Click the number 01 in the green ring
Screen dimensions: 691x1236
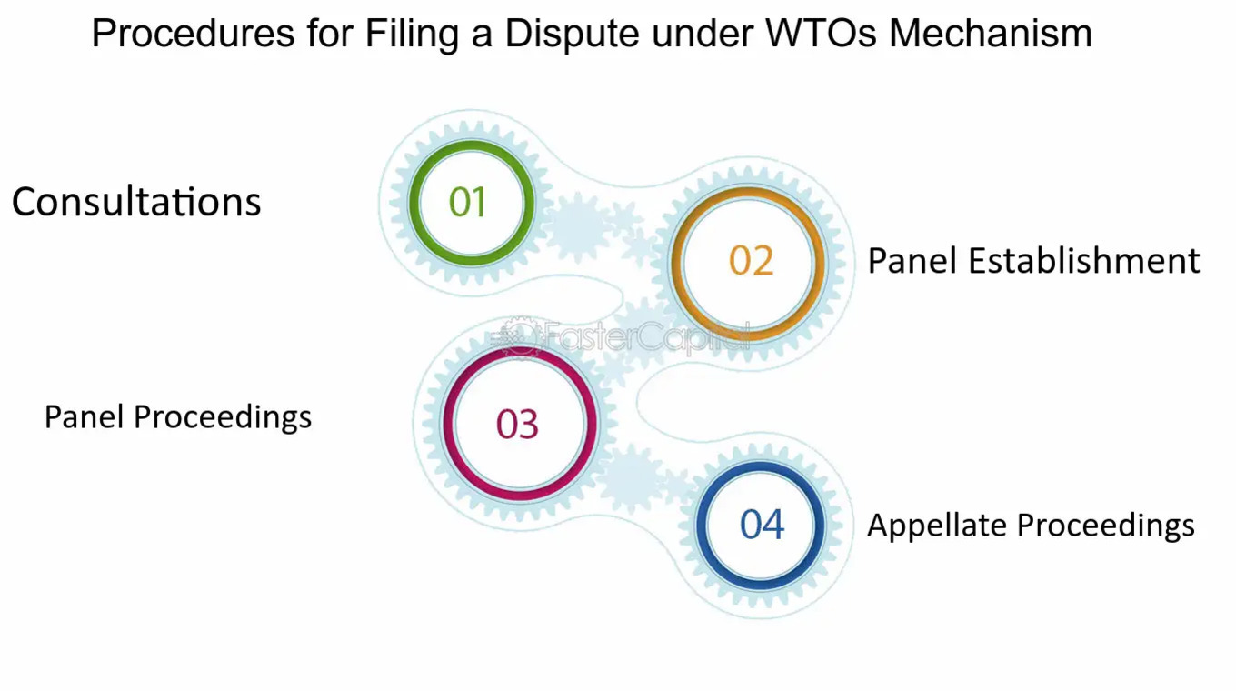tap(468, 202)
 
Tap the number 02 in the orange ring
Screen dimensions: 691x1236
tap(751, 261)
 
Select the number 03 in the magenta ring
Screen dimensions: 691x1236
tap(517, 425)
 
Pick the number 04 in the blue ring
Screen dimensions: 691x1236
tap(762, 525)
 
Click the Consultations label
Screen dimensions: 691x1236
tap(136, 202)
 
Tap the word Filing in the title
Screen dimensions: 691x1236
tap(414, 35)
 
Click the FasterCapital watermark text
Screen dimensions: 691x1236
tap(636, 337)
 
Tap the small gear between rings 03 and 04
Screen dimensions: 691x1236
tap(629, 476)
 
